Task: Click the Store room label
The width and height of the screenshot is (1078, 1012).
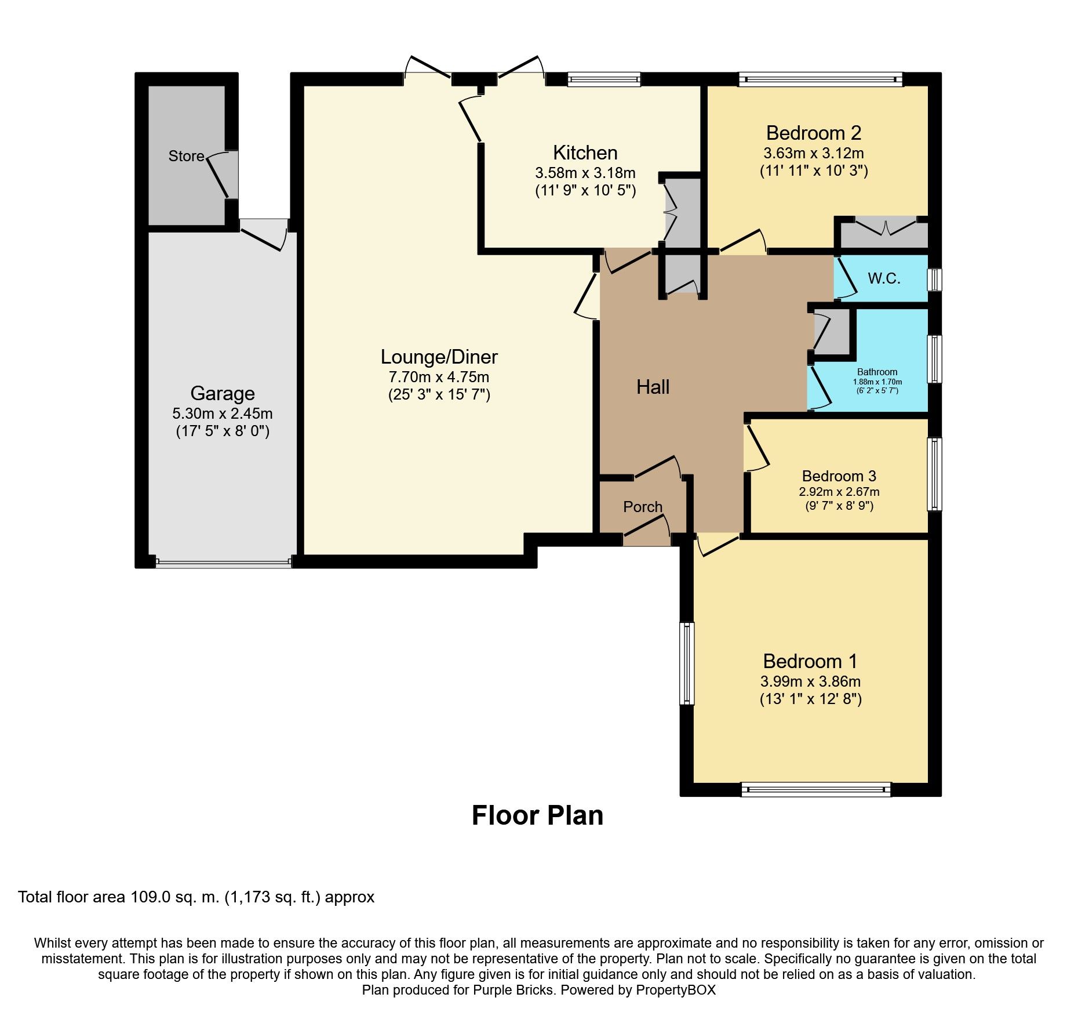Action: coord(186,156)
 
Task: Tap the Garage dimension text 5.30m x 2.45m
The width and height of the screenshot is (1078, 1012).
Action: coord(223,413)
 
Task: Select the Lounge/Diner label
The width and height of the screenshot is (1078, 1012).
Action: coord(439,357)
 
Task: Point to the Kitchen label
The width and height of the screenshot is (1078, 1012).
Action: coord(585,153)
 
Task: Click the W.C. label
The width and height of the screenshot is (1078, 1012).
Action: coord(884,278)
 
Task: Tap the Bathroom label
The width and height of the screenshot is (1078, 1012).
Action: coord(877,372)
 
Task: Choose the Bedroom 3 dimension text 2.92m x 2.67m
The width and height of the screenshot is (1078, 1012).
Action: coord(839,492)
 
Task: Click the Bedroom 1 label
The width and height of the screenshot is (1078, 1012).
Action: coord(810,661)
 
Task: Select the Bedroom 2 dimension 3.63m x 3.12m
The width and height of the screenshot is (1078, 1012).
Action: coord(813,153)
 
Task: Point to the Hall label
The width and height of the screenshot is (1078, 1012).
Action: coord(653,387)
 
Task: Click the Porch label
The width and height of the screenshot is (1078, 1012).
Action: coord(642,506)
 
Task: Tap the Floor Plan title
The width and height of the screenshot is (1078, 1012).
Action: coord(537,815)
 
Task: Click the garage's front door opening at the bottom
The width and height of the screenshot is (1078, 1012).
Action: coord(223,562)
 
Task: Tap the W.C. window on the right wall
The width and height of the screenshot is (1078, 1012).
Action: coord(934,279)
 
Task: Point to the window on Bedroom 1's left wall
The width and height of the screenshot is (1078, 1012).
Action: coord(686,663)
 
